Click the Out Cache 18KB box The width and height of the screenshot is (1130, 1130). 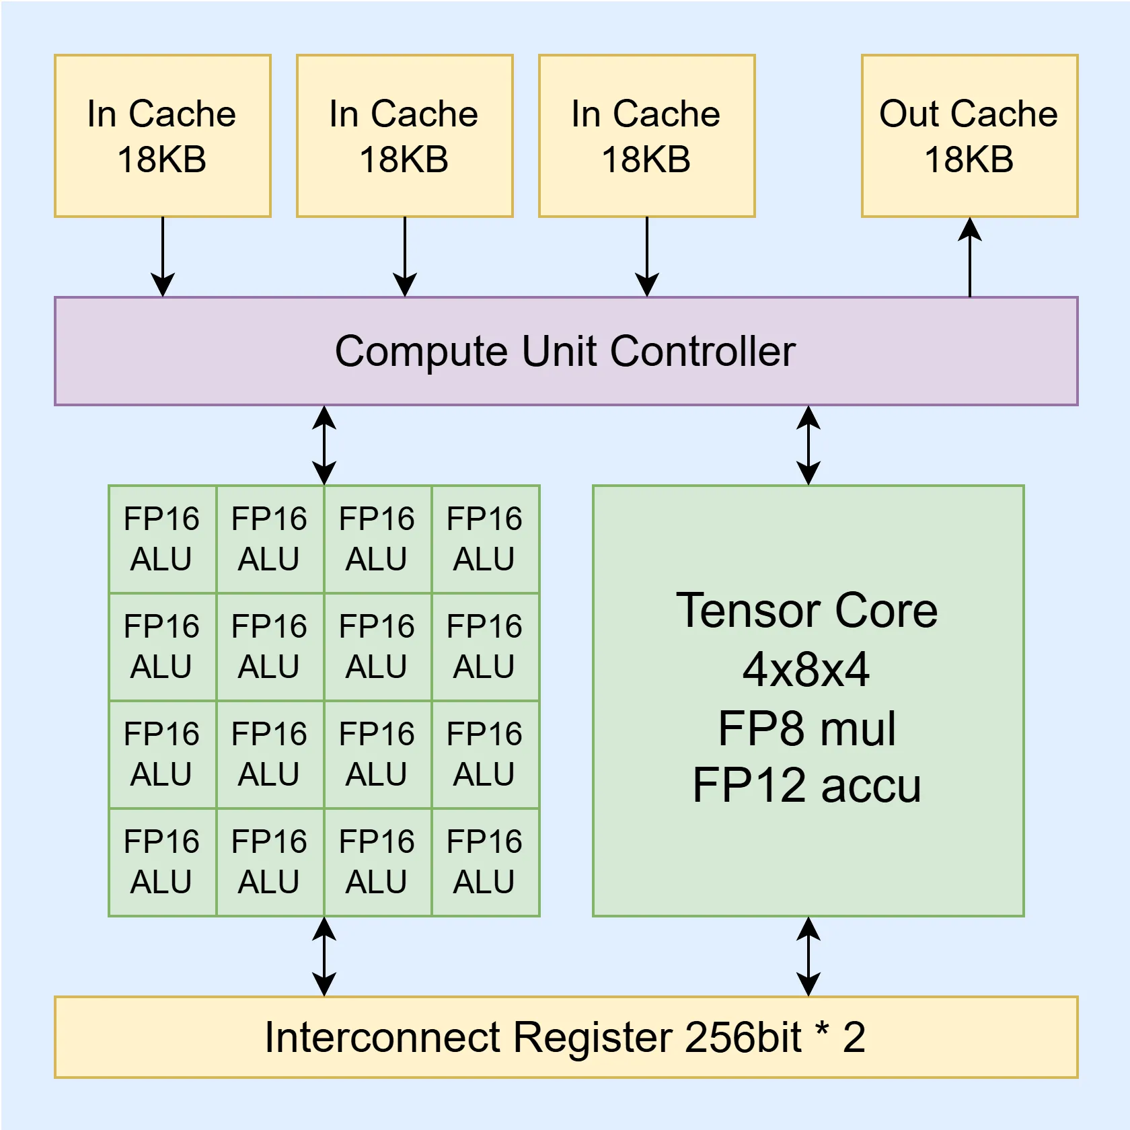969,136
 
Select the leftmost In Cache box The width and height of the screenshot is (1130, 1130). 162,136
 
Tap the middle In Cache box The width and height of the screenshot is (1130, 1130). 404,136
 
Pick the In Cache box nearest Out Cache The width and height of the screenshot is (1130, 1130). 646,136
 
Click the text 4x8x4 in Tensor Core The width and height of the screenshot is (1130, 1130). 806,670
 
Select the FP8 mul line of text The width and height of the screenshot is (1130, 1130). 806,729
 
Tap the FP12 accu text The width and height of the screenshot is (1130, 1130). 806,786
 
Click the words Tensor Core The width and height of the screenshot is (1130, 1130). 806,611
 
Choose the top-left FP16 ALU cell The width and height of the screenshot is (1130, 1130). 162,539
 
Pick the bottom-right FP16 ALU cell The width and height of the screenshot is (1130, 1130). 485,862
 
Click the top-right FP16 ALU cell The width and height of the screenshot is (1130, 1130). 485,539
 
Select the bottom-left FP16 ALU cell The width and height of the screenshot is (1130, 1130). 162,862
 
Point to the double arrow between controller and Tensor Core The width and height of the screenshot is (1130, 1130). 808,445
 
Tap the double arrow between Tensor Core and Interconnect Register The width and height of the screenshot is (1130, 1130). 808,956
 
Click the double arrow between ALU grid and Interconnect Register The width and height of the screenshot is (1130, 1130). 324,956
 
